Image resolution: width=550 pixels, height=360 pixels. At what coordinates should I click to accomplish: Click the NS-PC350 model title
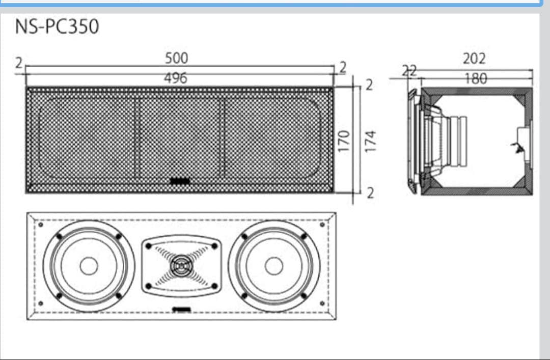pos(57,26)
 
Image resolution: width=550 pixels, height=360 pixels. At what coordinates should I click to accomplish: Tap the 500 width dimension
pos(176,58)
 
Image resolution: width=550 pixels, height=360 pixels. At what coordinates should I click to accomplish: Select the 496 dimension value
pos(176,78)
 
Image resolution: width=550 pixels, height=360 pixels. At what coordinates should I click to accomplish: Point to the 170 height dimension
pos(345,140)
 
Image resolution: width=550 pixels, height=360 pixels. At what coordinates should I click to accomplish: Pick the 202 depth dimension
pos(474,58)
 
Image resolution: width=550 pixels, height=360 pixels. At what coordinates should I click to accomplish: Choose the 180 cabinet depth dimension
pos(475,78)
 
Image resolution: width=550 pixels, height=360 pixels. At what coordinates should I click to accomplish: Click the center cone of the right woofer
pos(274,266)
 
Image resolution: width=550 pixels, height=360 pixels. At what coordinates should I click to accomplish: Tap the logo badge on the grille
pos(179,180)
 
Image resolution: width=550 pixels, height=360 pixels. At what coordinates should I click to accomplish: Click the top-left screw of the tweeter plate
pos(148,245)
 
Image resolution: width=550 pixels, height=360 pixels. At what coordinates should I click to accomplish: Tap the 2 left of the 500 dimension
pos(19,63)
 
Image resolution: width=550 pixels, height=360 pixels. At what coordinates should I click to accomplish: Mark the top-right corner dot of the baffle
pos(322,224)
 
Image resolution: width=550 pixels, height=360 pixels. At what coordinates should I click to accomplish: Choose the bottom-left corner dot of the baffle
pos(40,304)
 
